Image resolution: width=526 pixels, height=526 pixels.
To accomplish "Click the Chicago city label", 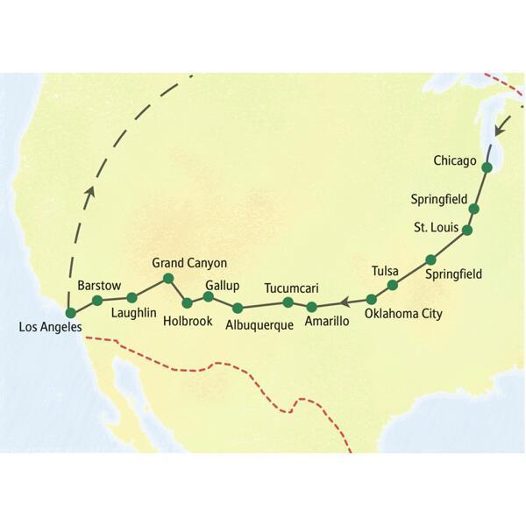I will [455, 160].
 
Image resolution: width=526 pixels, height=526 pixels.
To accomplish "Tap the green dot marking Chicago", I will [487, 167].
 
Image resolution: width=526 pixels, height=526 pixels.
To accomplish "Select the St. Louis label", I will [434, 228].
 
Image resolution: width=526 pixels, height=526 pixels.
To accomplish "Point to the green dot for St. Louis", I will [467, 231].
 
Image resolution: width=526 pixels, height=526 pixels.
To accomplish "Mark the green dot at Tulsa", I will [393, 285].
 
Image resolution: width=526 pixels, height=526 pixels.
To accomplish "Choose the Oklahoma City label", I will [403, 313].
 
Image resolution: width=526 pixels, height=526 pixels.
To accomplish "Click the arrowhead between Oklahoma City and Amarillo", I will [345, 302].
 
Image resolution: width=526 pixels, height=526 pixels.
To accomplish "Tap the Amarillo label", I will [327, 322].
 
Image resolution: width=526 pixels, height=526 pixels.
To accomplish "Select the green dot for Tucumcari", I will [288, 302].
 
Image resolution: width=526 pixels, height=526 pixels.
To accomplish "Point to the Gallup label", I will [222, 285].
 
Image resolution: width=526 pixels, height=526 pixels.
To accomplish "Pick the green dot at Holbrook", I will [187, 302].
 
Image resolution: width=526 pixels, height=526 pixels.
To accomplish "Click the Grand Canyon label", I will [189, 262].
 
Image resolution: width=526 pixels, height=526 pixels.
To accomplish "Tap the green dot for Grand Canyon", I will [168, 279].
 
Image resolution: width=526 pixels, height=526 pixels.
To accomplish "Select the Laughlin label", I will [134, 312].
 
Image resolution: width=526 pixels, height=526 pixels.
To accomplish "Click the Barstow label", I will [99, 286].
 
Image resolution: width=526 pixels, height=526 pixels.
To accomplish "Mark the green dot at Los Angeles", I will [70, 312].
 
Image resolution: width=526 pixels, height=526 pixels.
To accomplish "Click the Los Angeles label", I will [49, 328].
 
